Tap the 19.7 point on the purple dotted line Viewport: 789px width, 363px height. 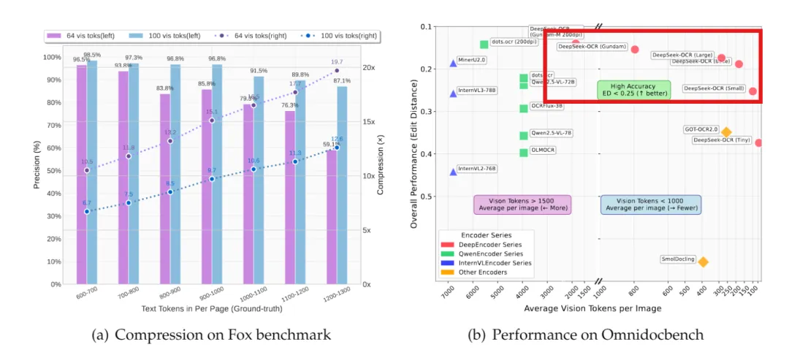point(337,71)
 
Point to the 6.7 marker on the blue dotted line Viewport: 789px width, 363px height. point(86,212)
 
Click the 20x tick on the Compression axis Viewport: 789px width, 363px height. point(365,67)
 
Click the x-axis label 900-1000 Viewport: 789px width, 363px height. point(212,298)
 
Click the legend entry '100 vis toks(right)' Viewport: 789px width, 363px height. point(332,34)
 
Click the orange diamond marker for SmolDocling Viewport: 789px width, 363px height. point(703,261)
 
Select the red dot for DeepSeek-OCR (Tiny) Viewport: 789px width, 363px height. point(758,143)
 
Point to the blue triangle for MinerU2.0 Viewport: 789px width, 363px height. point(453,63)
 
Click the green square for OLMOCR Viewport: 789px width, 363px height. point(524,153)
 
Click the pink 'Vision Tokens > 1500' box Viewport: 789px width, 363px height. point(522,205)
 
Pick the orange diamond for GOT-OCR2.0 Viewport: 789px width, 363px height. point(726,132)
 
